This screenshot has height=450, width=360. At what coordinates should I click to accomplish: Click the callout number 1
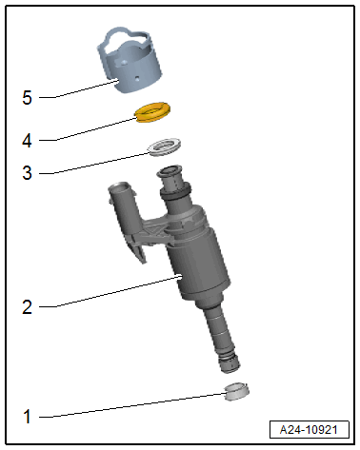point(28,417)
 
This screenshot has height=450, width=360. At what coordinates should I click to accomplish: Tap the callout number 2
point(27,307)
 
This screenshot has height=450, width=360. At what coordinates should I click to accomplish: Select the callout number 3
point(27,173)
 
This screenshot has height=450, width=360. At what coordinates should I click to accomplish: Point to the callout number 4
point(27,140)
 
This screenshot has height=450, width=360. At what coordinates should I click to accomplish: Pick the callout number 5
point(27,97)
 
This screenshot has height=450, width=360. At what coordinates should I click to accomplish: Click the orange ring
point(152,112)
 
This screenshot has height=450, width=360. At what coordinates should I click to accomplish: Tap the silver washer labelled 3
point(164,147)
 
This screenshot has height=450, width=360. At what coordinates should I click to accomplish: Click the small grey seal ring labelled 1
point(236,391)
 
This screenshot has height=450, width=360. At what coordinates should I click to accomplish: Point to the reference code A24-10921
point(309,430)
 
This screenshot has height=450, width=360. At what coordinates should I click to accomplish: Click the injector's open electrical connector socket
point(119,186)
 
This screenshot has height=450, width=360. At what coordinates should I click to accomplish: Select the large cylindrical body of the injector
point(198,260)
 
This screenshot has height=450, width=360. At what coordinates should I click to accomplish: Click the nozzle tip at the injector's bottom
point(229,363)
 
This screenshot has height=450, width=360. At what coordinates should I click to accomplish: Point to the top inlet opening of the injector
point(170,171)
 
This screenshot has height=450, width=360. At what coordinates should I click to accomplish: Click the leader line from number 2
point(110,292)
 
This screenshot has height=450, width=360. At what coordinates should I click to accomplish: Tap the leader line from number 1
point(132,405)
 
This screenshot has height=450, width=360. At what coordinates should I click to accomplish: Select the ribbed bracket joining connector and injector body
point(154,231)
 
